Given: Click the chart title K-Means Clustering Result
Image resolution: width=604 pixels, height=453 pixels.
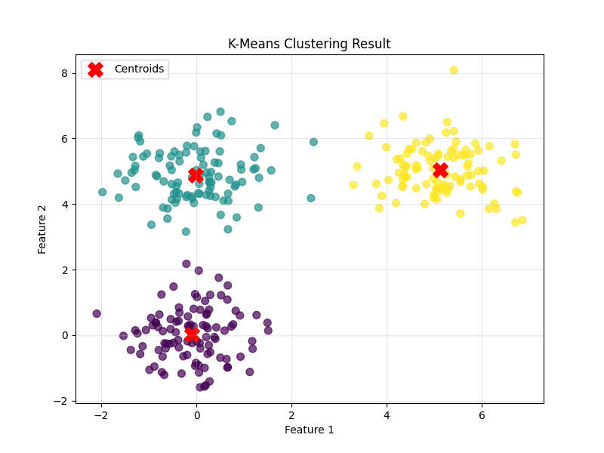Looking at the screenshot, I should pyautogui.click(x=309, y=44).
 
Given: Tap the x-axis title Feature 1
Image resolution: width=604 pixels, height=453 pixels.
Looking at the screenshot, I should pyautogui.click(x=309, y=430).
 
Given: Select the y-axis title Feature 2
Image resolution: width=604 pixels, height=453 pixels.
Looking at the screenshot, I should pyautogui.click(x=43, y=229).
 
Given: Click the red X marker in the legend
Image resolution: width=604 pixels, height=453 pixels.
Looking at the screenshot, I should pyautogui.click(x=95, y=69).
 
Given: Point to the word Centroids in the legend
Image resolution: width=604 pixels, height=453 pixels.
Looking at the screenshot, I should pyautogui.click(x=139, y=69).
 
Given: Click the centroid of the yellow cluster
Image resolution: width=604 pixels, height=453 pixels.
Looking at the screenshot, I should pyautogui.click(x=441, y=171).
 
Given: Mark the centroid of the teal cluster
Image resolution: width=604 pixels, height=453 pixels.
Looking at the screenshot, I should pyautogui.click(x=196, y=174).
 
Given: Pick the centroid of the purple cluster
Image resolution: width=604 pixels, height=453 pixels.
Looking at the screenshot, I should pyautogui.click(x=192, y=333).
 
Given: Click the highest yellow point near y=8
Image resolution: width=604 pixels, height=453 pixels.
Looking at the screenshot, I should pyautogui.click(x=454, y=70).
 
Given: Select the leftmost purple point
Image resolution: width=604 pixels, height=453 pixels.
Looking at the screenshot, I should pyautogui.click(x=97, y=313).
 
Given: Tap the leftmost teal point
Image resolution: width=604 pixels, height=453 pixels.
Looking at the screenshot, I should pyautogui.click(x=102, y=192).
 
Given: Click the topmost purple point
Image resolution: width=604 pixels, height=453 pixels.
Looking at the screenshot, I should pyautogui.click(x=186, y=263).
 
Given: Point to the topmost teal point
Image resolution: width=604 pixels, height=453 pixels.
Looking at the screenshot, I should pyautogui.click(x=220, y=112).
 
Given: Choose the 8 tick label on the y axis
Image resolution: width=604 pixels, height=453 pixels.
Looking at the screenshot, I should pyautogui.click(x=65, y=73).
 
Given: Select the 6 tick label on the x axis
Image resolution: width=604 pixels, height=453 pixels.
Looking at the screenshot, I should pyautogui.click(x=482, y=414).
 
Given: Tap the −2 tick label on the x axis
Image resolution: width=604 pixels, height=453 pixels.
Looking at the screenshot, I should pyautogui.click(x=101, y=414).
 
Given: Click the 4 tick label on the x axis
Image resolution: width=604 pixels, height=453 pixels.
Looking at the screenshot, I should pyautogui.click(x=387, y=414).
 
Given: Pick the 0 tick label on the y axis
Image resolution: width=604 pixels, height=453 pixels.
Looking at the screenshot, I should pyautogui.click(x=65, y=335).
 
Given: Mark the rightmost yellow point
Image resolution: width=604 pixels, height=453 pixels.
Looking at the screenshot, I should pyautogui.click(x=522, y=220).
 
